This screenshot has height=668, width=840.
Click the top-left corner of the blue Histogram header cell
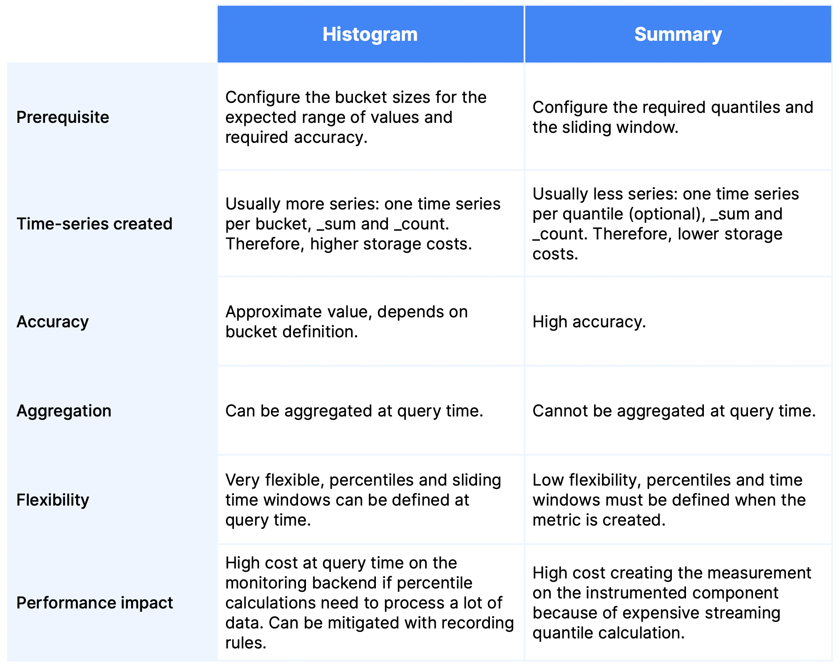[x=217, y=5]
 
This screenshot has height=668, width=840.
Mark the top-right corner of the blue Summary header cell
[x=832, y=5]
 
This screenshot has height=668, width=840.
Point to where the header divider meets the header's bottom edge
[x=524, y=62]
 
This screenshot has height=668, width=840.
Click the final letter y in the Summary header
[x=716, y=36]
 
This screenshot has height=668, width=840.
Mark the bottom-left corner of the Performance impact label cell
[x=7, y=661]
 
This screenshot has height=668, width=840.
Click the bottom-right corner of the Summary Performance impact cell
[x=832, y=661]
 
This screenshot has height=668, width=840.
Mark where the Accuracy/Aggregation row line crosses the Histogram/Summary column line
[x=524, y=366]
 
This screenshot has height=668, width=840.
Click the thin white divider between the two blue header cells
[x=524, y=34]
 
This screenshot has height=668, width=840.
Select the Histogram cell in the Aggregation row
[x=370, y=410]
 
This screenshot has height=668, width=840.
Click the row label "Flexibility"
[x=53, y=500]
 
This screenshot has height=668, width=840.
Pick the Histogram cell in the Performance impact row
[x=370, y=602]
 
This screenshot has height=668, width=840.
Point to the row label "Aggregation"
[x=64, y=411]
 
